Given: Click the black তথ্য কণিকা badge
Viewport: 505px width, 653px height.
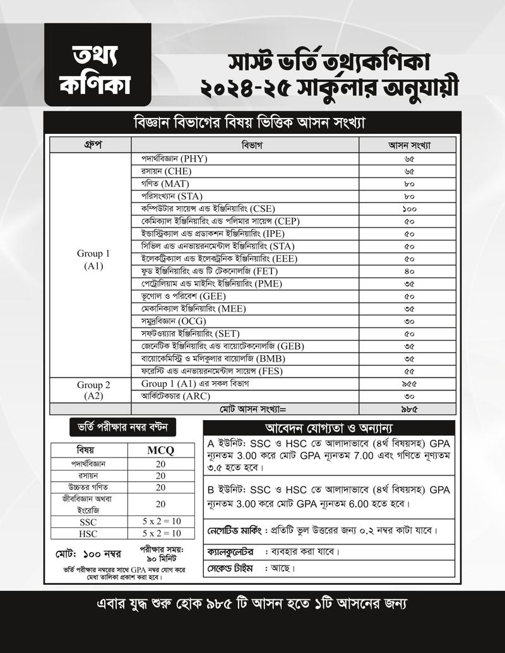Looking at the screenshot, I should (x=97, y=64).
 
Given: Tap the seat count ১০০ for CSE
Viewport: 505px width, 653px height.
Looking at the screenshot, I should (x=409, y=208).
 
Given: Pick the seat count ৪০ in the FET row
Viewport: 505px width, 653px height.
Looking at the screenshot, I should (x=409, y=271).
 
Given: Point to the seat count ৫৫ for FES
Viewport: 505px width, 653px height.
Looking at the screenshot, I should (x=409, y=371).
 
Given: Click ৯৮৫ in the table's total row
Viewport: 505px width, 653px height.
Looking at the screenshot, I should (x=409, y=409).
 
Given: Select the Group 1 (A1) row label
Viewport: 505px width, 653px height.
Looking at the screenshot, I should (x=93, y=260).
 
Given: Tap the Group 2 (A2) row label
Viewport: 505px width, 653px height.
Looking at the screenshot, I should (x=93, y=390).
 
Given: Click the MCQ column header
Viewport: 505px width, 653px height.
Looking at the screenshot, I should (x=160, y=450).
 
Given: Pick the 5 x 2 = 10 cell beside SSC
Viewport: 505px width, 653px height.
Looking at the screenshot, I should (x=160, y=521).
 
